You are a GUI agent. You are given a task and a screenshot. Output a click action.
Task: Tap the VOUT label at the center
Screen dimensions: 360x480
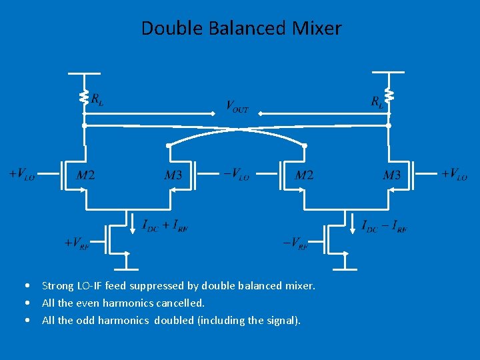point(237,106)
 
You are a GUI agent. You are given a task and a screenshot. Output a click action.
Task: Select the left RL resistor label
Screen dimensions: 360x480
point(97,100)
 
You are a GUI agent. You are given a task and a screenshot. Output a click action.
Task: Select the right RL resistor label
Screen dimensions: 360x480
point(377,102)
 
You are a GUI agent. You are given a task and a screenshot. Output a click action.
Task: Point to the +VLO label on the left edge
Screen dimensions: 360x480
point(22,175)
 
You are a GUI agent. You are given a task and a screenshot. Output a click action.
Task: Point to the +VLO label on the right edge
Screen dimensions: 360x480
point(454,175)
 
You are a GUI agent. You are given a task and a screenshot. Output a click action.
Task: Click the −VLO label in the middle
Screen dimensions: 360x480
point(236,175)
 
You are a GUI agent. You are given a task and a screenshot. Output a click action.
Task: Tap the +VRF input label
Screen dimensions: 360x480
point(76,243)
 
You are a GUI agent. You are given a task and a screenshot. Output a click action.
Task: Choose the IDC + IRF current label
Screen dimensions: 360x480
point(165,225)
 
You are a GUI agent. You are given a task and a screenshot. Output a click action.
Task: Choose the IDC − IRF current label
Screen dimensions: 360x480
point(385,226)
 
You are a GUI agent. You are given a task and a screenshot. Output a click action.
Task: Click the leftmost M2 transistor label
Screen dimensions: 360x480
point(85,175)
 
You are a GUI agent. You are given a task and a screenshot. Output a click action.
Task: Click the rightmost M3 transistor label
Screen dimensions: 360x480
point(392,175)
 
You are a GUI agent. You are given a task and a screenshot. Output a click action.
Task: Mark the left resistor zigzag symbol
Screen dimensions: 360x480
point(85,98)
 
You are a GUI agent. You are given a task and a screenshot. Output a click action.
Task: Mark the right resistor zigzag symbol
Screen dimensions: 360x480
point(389,98)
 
